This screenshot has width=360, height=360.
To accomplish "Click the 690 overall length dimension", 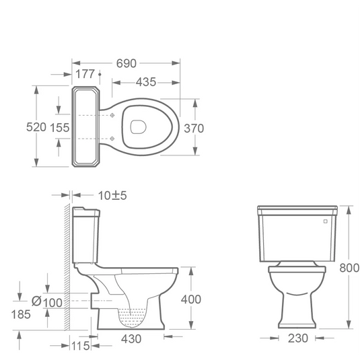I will click(126, 63).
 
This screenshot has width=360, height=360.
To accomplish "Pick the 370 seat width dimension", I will click(194, 128).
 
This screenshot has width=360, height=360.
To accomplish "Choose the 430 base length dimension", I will click(131, 338).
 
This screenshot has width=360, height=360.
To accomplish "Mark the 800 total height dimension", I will click(349, 268).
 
